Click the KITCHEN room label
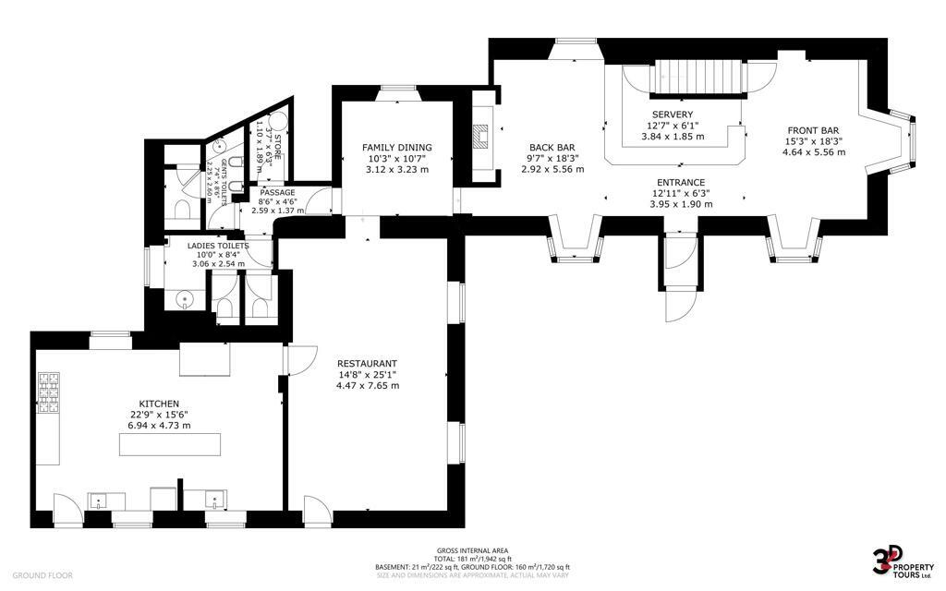tap(159, 404)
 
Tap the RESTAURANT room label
tap(367, 363)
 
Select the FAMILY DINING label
tap(396, 148)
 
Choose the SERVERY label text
tap(672, 115)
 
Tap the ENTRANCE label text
tap(681, 182)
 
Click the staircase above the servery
tap(698, 78)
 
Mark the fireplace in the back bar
tap(480, 137)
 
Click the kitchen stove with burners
tap(47, 395)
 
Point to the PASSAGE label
tap(276, 192)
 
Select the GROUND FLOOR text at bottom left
tap(42, 575)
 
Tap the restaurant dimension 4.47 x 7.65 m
tap(367, 385)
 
